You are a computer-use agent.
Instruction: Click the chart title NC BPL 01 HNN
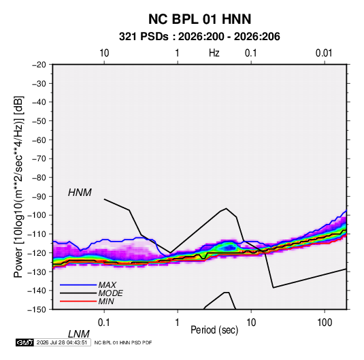[x=199, y=19]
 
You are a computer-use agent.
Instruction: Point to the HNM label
[x=80, y=193]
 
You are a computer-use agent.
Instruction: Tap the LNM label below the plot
[x=79, y=334]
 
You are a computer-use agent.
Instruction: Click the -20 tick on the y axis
[x=39, y=65]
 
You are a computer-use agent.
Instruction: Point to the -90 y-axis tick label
[x=39, y=197]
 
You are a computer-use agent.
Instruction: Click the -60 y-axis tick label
[x=39, y=140]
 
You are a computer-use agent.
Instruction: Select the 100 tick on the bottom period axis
[x=325, y=323]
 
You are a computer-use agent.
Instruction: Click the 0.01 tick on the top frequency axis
[x=324, y=53]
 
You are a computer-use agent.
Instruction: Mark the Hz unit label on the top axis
[x=214, y=53]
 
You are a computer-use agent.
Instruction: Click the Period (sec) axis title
[x=214, y=330]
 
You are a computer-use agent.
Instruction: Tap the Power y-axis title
[x=18, y=187]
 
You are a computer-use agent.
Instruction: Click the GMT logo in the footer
[x=24, y=342]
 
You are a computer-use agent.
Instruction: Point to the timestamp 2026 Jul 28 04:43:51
[x=62, y=342]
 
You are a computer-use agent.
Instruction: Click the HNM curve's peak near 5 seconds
[x=226, y=208]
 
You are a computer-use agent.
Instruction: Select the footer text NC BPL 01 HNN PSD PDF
[x=123, y=342]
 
